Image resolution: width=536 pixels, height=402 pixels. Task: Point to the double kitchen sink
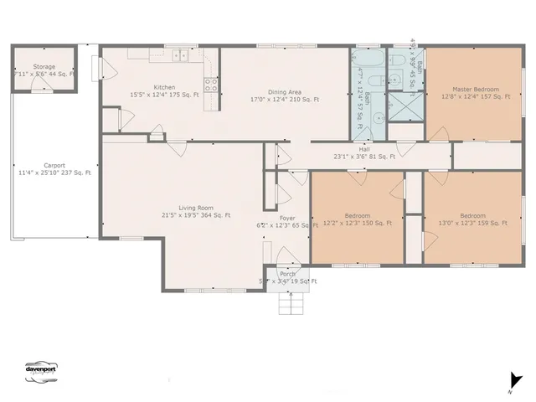click(181, 57)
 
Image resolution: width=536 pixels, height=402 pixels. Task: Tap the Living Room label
click(196, 208)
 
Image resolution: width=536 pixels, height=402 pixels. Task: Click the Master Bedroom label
click(475, 89)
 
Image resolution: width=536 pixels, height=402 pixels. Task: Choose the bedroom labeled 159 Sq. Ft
click(472, 215)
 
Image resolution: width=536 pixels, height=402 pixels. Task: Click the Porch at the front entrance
click(287, 275)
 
